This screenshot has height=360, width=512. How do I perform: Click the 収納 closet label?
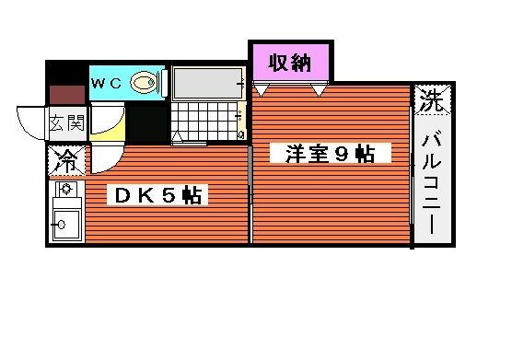(x=290, y=63)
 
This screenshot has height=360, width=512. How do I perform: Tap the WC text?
(x=106, y=84)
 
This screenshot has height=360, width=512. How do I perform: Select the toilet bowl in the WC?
(x=144, y=82)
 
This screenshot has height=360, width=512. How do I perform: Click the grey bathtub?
(x=209, y=83)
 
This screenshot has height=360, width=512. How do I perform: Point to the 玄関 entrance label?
(x=67, y=123)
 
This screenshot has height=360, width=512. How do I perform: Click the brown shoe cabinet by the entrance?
(x=67, y=95)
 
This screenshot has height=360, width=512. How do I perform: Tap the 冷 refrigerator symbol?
(x=67, y=161)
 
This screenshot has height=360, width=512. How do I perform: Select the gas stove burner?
(x=66, y=189)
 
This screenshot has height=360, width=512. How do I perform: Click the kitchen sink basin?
(x=66, y=225)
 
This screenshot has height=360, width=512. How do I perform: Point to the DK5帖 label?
(x=157, y=195)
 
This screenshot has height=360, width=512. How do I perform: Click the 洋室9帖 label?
(x=330, y=154)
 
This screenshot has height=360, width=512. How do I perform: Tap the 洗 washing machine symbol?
(x=432, y=99)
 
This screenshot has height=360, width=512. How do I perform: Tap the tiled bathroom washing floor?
(x=205, y=122)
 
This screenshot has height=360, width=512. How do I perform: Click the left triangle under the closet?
(x=261, y=90)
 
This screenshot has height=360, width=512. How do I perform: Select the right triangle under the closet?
(x=319, y=90)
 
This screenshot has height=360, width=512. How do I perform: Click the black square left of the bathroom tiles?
(x=147, y=123)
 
